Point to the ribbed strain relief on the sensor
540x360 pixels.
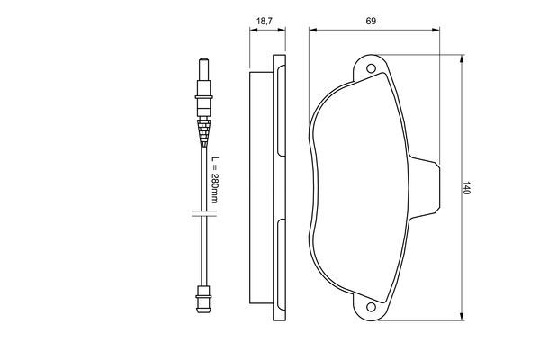click(x=205, y=132)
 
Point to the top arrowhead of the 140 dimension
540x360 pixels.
click(x=461, y=57)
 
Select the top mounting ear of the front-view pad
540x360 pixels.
click(x=371, y=68)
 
